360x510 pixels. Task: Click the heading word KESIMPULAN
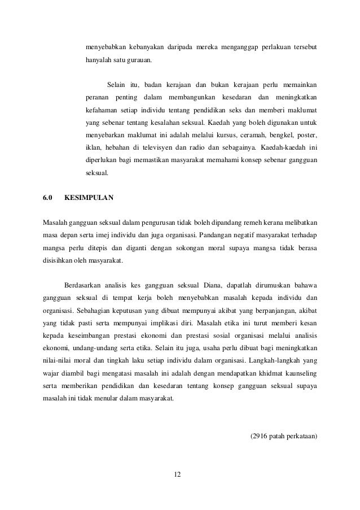click(89, 198)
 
